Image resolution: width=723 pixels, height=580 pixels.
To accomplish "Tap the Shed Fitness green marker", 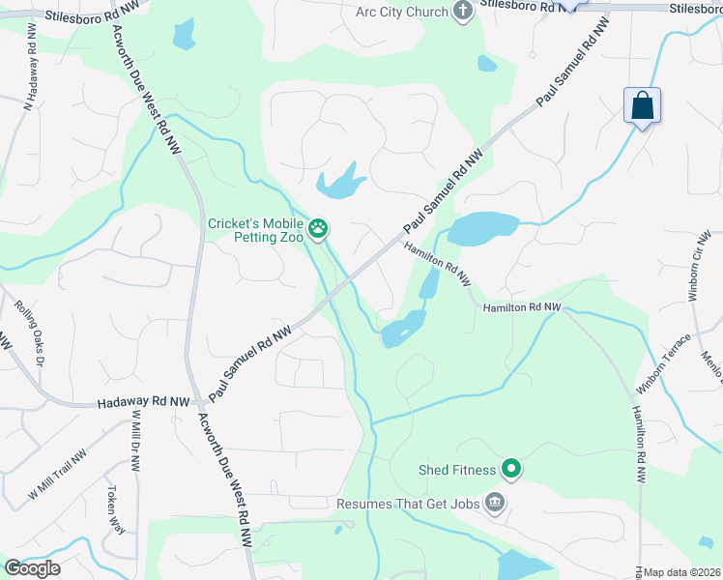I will (x=510, y=470).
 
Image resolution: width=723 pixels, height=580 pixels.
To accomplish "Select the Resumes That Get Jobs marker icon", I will (x=495, y=503).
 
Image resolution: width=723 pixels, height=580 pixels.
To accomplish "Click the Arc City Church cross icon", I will (x=463, y=12).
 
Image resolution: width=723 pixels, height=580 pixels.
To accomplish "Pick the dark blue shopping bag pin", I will (x=642, y=105).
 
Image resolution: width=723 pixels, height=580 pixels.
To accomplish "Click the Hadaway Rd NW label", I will (x=143, y=399).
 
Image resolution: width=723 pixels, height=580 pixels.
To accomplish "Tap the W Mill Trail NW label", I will (x=58, y=474).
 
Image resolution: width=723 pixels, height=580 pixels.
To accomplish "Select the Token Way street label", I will (x=116, y=509).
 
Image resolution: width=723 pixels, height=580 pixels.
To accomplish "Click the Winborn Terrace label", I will (x=664, y=364).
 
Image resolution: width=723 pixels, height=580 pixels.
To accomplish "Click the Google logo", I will (x=33, y=567).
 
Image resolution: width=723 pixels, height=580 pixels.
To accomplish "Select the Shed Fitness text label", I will (x=457, y=470).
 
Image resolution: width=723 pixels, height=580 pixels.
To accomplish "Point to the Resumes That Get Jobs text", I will (x=410, y=504).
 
